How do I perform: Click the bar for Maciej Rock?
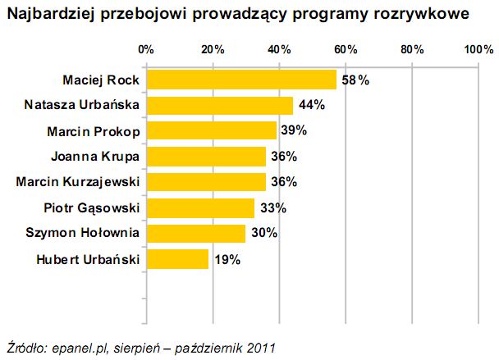pos(241,80)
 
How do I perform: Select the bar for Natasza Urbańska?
pos(218,105)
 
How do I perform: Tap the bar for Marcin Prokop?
pos(211,130)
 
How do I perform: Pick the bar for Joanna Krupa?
pos(205,157)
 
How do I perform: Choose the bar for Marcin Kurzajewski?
pos(205,182)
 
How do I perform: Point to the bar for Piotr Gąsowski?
pos(200,208)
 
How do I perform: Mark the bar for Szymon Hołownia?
pos(195,234)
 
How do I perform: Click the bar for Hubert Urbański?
pos(177,260)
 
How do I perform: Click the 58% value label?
pos(355,80)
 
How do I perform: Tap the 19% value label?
pos(227,260)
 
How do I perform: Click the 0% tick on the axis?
pos(146,50)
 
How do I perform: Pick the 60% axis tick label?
pos(346,50)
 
